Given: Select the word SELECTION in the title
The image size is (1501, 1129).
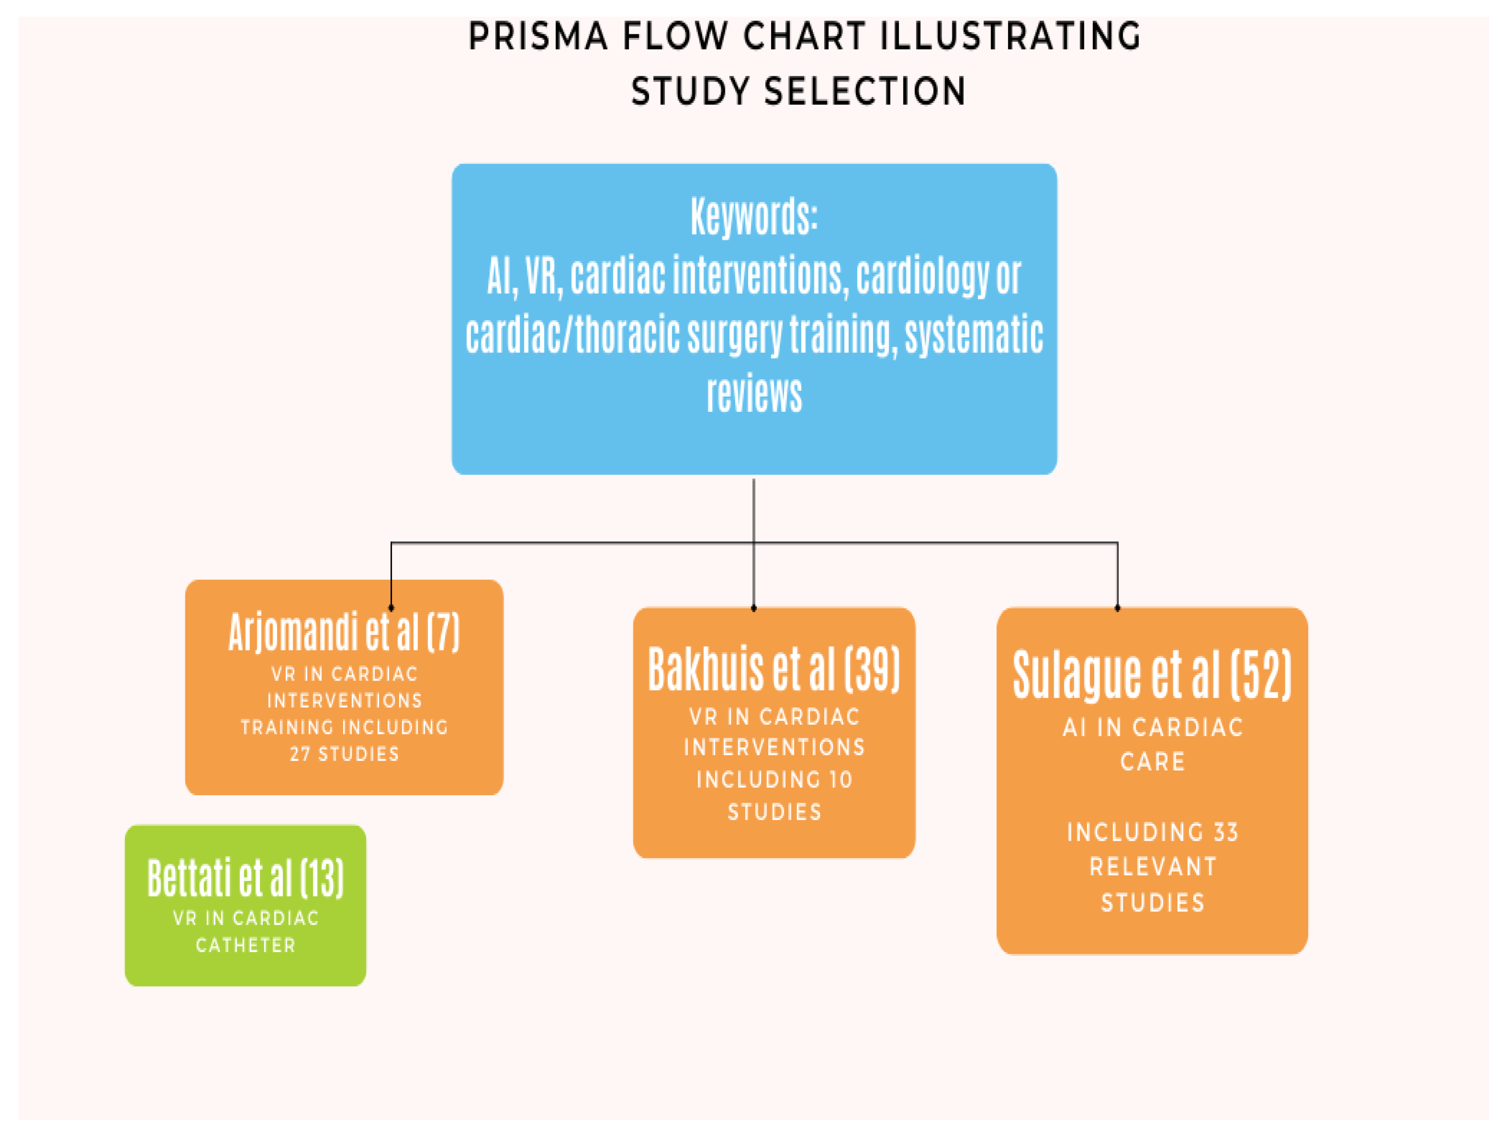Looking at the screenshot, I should click(x=865, y=91).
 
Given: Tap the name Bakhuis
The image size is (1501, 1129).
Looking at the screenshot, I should click(x=706, y=670).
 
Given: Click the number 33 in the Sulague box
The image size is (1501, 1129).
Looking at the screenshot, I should click(x=1226, y=832).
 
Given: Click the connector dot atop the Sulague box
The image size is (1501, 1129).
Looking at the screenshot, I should click(x=1117, y=608).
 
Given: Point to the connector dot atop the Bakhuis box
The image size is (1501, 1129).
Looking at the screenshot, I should click(x=754, y=608).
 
